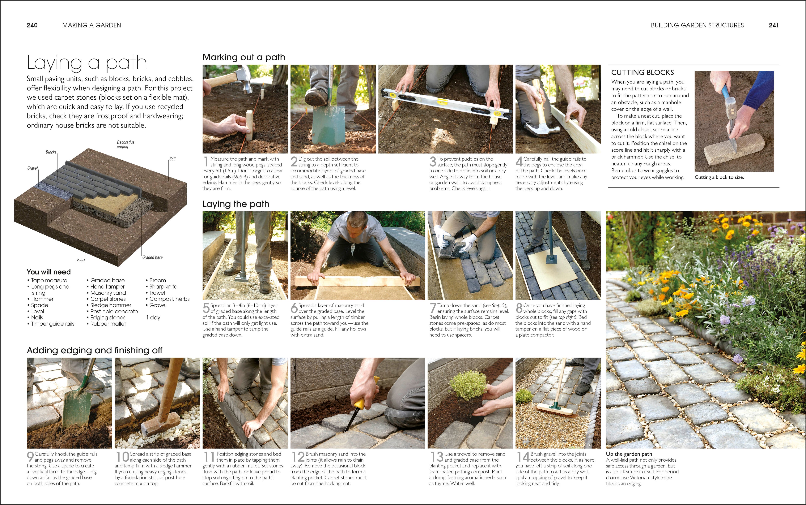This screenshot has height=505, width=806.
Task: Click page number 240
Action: tap(32, 25)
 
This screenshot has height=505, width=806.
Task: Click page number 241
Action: tap(774, 25)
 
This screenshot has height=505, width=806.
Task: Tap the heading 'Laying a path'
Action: tap(87, 62)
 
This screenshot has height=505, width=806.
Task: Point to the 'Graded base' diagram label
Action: tap(152, 257)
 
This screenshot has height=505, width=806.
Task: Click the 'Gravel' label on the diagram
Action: tap(32, 168)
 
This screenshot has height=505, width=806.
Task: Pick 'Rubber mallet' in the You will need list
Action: tap(108, 324)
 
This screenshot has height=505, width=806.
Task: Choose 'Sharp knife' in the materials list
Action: tap(163, 286)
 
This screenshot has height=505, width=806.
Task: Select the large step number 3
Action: tap(433, 162)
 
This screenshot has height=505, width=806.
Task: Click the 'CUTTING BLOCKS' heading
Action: tap(642, 73)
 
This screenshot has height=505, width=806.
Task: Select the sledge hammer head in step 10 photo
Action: tap(154, 428)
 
